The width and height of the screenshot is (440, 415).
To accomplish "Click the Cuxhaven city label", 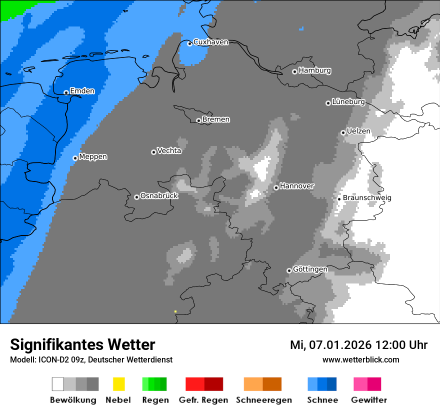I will [x=210, y=42].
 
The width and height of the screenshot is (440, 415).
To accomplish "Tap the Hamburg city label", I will [x=314, y=70].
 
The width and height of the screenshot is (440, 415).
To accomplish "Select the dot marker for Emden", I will [x=66, y=92].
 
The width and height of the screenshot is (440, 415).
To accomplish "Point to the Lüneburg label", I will [x=348, y=101].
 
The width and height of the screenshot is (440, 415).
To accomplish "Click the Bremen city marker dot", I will [x=198, y=120].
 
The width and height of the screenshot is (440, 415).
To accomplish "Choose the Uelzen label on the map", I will [x=358, y=131].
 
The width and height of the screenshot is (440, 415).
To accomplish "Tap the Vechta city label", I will [x=169, y=150].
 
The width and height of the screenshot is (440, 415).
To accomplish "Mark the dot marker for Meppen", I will [x=75, y=158].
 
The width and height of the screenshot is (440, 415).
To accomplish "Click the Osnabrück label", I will [x=159, y=195].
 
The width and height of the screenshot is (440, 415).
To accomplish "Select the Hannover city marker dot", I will [x=276, y=187].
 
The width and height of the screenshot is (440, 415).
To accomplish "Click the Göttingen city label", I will [x=310, y=269].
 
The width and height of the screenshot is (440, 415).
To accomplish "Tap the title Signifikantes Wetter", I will [x=82, y=344].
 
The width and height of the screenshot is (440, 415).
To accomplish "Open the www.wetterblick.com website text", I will [x=360, y=359].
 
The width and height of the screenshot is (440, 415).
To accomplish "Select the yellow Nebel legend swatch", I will [x=118, y=384].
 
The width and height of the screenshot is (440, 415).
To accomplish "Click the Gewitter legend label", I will [x=368, y=400].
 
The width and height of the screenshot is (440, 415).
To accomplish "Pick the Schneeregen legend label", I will [x=263, y=400].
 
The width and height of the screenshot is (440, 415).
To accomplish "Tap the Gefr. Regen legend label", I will [x=203, y=400].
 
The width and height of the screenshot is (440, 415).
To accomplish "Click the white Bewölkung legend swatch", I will [x=57, y=384].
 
